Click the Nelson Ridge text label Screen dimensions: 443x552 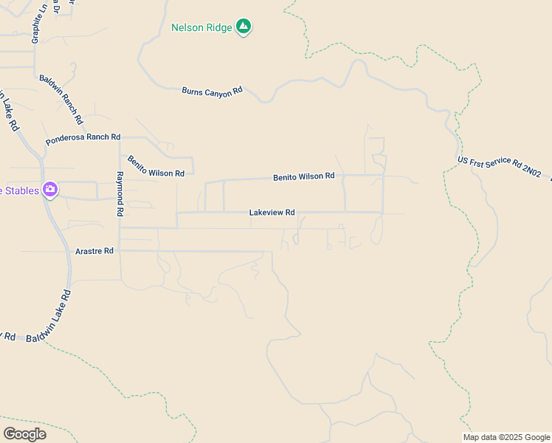(x=201, y=28)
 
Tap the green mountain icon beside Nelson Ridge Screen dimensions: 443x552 (x=244, y=28)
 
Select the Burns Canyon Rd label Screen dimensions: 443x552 (x=212, y=91)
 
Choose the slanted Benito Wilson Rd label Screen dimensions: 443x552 (x=156, y=166)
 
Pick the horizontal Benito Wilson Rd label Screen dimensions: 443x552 (x=303, y=177)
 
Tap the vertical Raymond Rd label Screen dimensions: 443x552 (x=120, y=194)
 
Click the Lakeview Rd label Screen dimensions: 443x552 (x=272, y=213)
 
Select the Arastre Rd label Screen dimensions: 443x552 (x=94, y=251)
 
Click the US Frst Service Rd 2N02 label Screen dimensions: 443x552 (x=499, y=167)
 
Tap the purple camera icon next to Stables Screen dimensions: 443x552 (x=50, y=190)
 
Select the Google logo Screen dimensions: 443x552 (x=24, y=434)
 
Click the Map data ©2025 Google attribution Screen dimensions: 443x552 (x=506, y=437)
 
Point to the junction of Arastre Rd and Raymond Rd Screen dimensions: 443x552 (x=120, y=251)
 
